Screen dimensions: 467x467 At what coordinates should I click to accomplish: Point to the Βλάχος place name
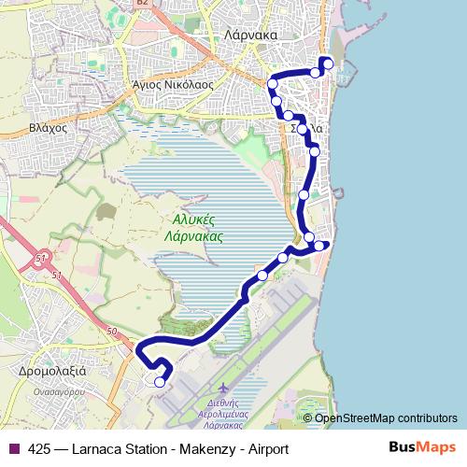tap(48, 127)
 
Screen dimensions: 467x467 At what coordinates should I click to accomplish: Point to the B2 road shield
tap(143, 4)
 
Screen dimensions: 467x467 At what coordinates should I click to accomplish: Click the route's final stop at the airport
tap(160, 381)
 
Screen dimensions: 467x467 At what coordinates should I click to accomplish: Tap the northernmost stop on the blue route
tap(327, 64)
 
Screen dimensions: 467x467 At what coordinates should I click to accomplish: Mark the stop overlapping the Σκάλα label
tap(302, 129)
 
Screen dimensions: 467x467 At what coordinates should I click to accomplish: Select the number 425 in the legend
tap(39, 448)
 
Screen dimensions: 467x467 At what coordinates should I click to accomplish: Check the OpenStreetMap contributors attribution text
tap(385, 417)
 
